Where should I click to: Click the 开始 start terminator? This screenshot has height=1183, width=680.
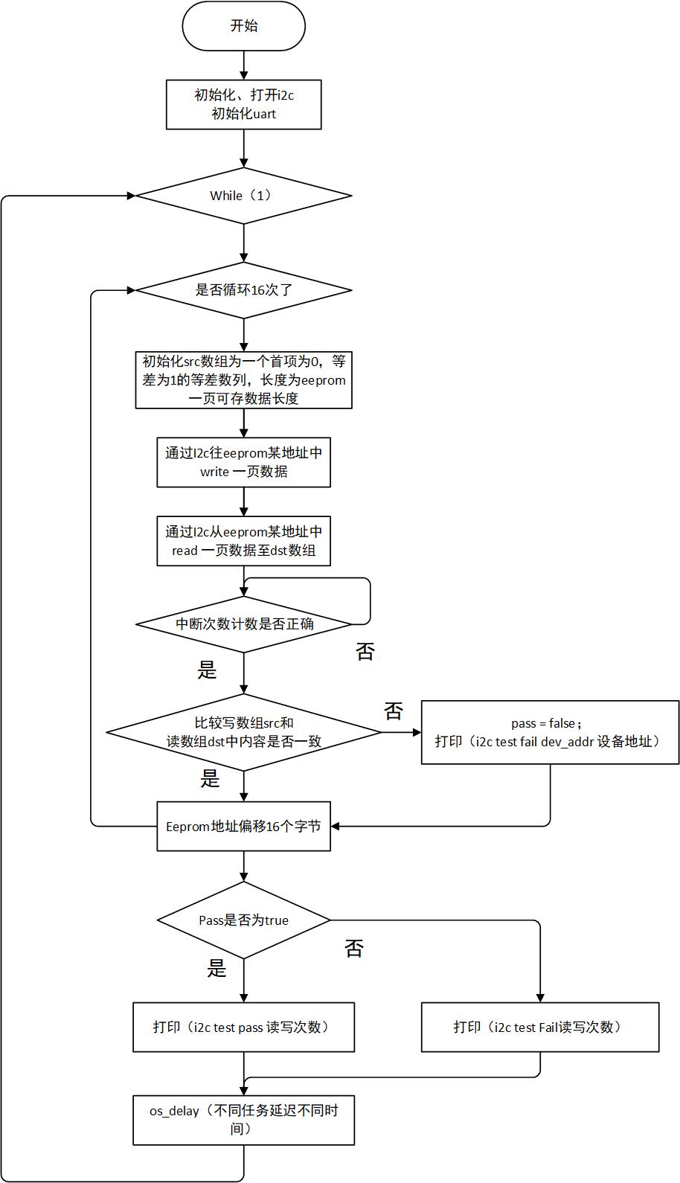(x=243, y=26)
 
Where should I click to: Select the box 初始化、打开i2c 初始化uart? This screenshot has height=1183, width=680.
(x=243, y=104)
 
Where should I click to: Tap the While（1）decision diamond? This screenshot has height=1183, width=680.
(x=243, y=196)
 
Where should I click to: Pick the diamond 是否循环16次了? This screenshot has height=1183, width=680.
(x=243, y=290)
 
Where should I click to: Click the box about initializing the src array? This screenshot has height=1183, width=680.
(x=243, y=380)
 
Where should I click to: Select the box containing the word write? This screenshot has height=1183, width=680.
(x=243, y=463)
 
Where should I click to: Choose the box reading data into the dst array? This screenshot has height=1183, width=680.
(x=243, y=541)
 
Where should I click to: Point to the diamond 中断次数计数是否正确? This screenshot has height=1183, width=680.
(x=243, y=624)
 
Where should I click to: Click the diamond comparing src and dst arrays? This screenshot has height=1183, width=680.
(x=243, y=732)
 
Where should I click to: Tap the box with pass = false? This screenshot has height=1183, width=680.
(x=550, y=732)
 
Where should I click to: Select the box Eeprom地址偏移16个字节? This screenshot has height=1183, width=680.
(x=243, y=826)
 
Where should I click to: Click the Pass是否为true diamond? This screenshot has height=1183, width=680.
(x=243, y=920)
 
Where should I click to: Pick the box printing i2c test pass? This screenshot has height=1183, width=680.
(x=243, y=1027)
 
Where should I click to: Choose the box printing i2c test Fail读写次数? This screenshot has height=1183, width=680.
(x=539, y=1027)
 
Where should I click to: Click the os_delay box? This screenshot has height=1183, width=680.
(x=243, y=1120)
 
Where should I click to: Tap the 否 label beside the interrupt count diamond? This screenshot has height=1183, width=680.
(x=365, y=652)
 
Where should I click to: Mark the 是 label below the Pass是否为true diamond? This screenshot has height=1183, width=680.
(x=216, y=968)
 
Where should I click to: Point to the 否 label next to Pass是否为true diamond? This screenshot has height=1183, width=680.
(x=354, y=948)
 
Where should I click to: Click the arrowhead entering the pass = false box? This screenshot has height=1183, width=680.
(x=417, y=732)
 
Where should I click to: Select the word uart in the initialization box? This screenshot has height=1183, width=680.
(x=264, y=114)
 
